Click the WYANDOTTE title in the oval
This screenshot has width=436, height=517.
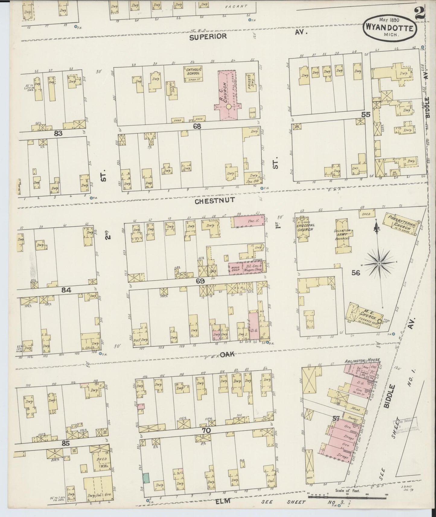point(390,28)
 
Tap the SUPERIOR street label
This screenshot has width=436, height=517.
point(208,37)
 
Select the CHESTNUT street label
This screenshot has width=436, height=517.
point(210,200)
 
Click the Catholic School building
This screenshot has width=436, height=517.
point(193,74)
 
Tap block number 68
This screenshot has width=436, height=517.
point(197,126)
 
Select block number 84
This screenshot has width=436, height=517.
point(66,290)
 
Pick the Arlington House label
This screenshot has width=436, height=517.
point(361,360)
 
